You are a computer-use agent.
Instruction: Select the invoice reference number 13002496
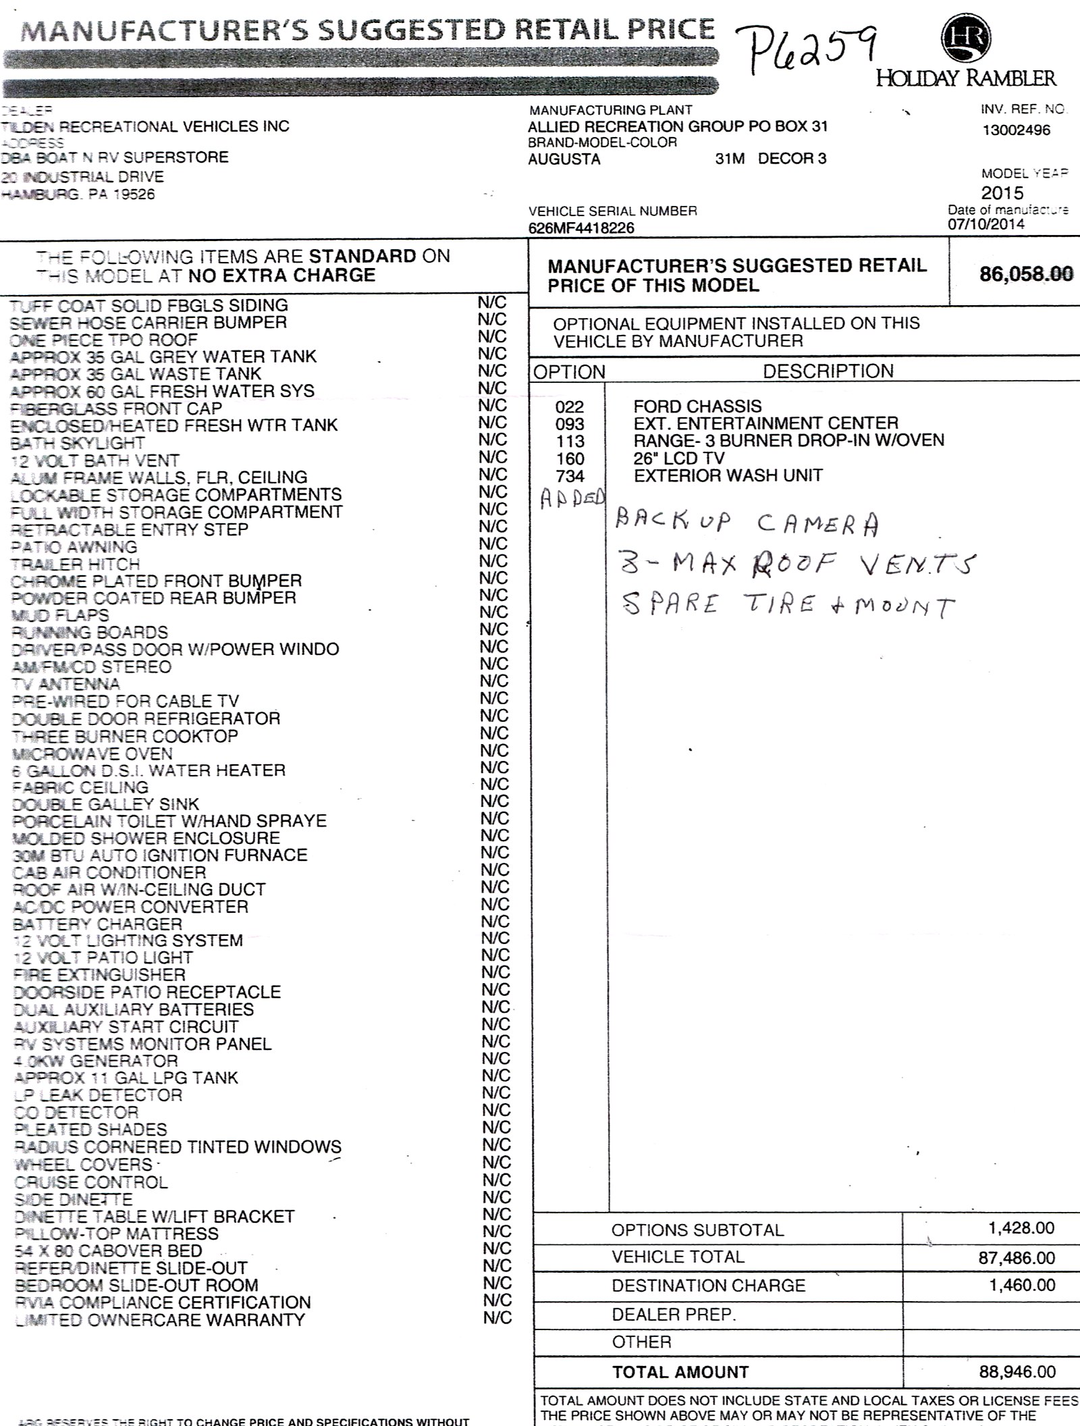click(1017, 130)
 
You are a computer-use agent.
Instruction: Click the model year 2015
click(1002, 192)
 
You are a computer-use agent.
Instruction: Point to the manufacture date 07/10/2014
click(986, 225)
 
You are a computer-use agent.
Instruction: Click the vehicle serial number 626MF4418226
click(581, 228)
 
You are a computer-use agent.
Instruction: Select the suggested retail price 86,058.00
click(1026, 273)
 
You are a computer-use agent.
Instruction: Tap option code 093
click(570, 424)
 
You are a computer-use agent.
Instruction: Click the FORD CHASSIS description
click(697, 406)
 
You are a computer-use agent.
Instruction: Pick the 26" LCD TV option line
click(679, 458)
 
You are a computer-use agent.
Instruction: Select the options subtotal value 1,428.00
click(1021, 1227)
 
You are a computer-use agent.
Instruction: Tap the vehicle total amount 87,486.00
click(1017, 1257)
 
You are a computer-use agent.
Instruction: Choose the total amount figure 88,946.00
click(1017, 1371)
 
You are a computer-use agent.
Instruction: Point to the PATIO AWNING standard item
click(74, 547)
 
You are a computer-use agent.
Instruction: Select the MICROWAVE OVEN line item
click(92, 754)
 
